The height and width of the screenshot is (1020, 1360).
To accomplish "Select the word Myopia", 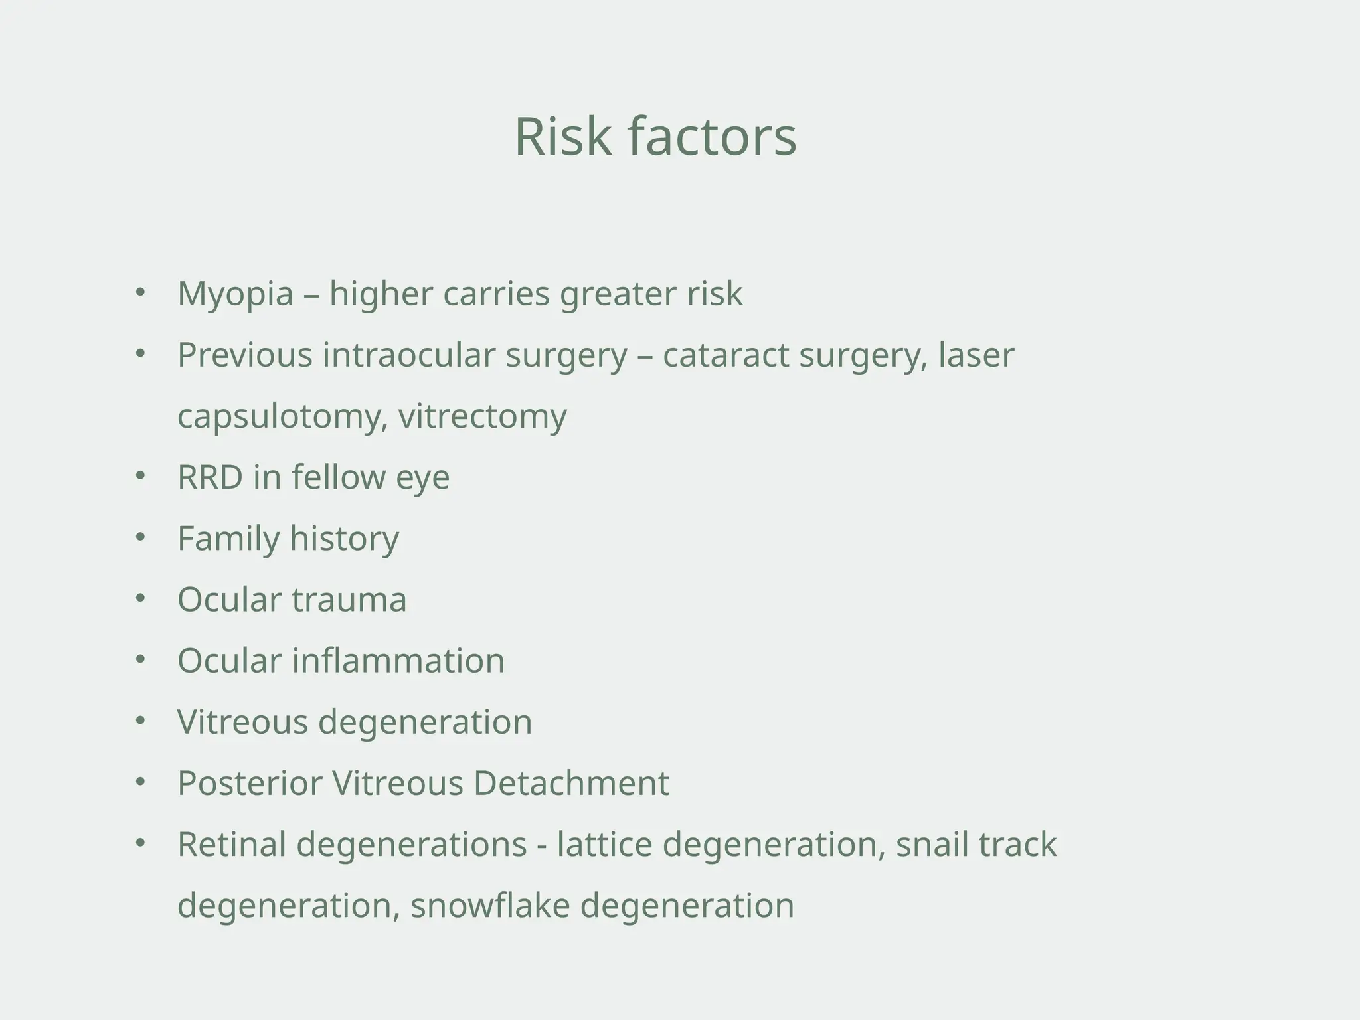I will click(235, 294).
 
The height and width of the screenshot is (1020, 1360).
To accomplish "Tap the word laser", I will click(976, 355).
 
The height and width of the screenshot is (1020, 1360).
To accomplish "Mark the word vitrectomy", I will click(483, 416).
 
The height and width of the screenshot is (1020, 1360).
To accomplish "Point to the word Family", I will click(228, 538).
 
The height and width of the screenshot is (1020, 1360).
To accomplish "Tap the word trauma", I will click(349, 599).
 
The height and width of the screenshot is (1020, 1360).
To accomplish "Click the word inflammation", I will click(398, 661).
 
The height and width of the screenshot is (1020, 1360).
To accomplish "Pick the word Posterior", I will click(249, 783).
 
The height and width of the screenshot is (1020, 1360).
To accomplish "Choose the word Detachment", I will click(571, 783).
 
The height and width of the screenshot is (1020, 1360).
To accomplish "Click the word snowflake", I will click(490, 905).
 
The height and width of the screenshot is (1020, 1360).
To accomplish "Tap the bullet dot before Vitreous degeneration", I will click(139, 721).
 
